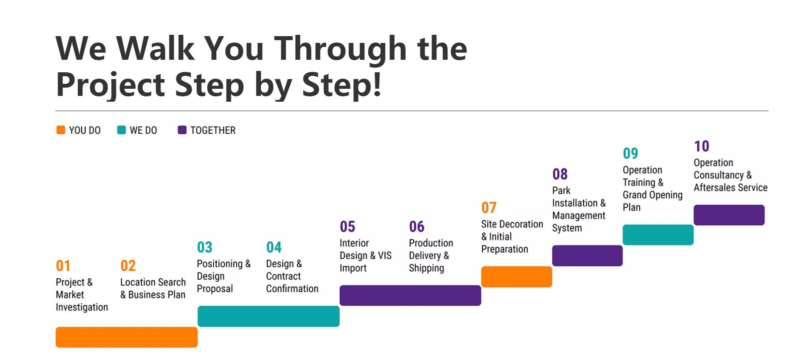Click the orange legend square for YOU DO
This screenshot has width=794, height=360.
[x=61, y=130]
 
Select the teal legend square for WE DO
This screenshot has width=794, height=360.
[x=121, y=130]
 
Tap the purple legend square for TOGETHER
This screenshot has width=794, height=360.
[x=182, y=130]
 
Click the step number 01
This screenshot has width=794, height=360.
[x=63, y=266]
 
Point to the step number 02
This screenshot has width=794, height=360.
[x=128, y=266]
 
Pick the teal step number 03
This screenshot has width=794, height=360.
[x=205, y=247]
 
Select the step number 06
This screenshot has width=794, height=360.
[x=417, y=227]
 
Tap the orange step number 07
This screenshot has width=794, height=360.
[x=489, y=207]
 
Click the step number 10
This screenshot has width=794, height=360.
[x=702, y=146]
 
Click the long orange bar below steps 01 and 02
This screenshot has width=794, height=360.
[x=127, y=337]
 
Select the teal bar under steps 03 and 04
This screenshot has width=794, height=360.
[x=268, y=316]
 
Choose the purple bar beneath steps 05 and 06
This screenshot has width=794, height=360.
[x=410, y=295]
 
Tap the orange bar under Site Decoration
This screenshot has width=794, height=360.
[x=516, y=277]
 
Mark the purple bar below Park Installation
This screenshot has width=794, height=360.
[x=587, y=256]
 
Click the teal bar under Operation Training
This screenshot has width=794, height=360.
[x=658, y=235]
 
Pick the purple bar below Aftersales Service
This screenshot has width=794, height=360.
[x=729, y=215]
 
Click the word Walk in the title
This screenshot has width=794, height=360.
[x=156, y=48]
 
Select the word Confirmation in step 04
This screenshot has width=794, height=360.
[x=292, y=289]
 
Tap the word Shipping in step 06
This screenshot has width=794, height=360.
[x=426, y=268]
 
